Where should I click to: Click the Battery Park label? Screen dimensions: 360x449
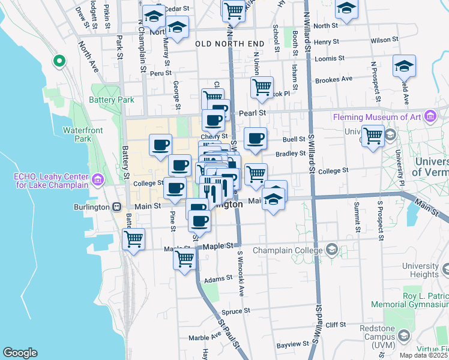[x=112, y=100]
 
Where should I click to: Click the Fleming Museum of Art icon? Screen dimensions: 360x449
[x=429, y=116]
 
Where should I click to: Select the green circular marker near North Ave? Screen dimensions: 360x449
[x=59, y=61]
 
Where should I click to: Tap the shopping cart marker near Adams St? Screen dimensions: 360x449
[x=184, y=259]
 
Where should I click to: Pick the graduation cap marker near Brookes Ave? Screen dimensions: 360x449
[x=404, y=66]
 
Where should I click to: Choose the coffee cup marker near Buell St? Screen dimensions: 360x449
[x=256, y=138]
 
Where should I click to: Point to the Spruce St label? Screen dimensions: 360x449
[x=231, y=312]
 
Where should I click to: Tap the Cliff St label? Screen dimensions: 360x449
[x=337, y=325]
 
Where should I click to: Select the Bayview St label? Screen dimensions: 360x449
[x=291, y=346]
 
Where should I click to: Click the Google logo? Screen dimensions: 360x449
[x=20, y=352]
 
